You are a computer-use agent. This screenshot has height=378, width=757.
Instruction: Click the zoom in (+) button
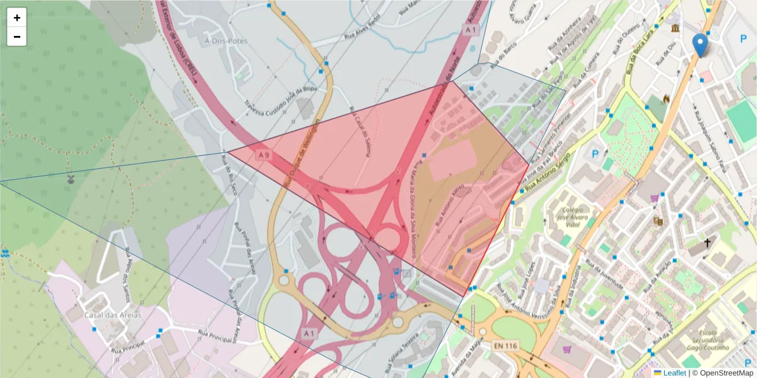(x=17, y=18)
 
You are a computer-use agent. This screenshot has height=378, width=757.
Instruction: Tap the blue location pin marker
(x=700, y=45)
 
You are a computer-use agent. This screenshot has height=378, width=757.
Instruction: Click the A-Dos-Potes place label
(x=226, y=40)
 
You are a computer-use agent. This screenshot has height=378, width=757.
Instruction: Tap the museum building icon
(x=676, y=30)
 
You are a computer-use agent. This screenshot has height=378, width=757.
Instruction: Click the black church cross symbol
(x=707, y=243)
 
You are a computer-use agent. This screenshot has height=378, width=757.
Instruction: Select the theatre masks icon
(x=658, y=221)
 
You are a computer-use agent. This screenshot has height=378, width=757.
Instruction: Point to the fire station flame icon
(x=666, y=99)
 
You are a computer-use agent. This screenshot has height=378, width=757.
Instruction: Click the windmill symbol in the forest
(x=71, y=179)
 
